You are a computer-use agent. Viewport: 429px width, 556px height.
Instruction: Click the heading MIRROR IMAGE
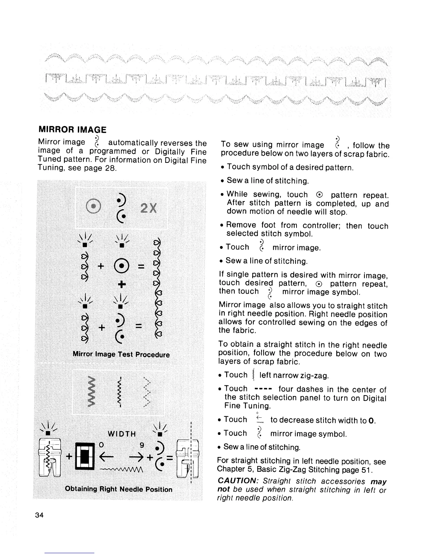pos(72,129)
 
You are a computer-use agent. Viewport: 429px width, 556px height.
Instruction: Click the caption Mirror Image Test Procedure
pos(121,355)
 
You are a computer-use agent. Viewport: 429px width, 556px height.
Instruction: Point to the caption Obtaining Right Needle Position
pos(118,489)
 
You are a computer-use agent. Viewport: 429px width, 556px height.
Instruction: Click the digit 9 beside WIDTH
pos(142,445)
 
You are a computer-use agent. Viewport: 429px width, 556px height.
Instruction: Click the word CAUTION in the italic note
pos(238,481)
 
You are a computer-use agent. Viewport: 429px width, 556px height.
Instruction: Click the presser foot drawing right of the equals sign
pos(188,457)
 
